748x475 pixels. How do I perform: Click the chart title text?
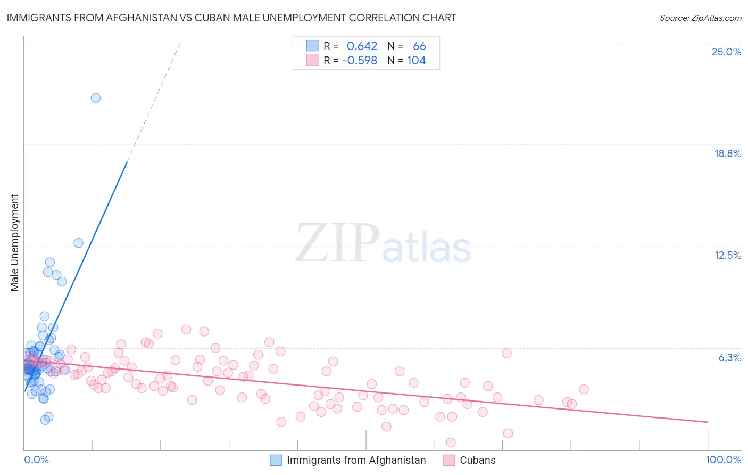pos(231,18)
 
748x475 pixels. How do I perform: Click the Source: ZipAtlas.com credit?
pos(700,18)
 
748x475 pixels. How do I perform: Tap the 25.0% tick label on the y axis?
pos(726,52)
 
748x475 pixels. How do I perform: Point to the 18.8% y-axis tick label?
pos(727,153)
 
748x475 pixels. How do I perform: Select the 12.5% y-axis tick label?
pos(727,255)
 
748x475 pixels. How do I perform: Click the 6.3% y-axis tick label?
pos(729,357)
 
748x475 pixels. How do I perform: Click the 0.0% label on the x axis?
pos(36,460)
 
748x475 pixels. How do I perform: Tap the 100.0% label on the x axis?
pos(723,460)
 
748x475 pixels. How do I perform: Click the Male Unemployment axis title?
pos(14,242)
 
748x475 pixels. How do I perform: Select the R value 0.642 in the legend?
pos(362,46)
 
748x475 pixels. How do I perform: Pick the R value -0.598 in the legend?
pos(360,61)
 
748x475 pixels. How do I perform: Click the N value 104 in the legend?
pos(416,61)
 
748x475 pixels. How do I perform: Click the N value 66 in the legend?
pos(419,46)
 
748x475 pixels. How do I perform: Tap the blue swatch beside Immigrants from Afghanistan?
pos(276,460)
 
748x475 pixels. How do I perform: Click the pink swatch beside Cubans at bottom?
pos(448,460)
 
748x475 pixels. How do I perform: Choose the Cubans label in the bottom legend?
pos(477,460)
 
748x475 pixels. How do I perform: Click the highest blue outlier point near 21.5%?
pos(96,97)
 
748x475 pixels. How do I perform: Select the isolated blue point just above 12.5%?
pos(78,243)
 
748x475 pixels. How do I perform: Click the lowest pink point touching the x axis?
pos(451,443)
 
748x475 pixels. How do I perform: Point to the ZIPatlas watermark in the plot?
pos(383,244)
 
